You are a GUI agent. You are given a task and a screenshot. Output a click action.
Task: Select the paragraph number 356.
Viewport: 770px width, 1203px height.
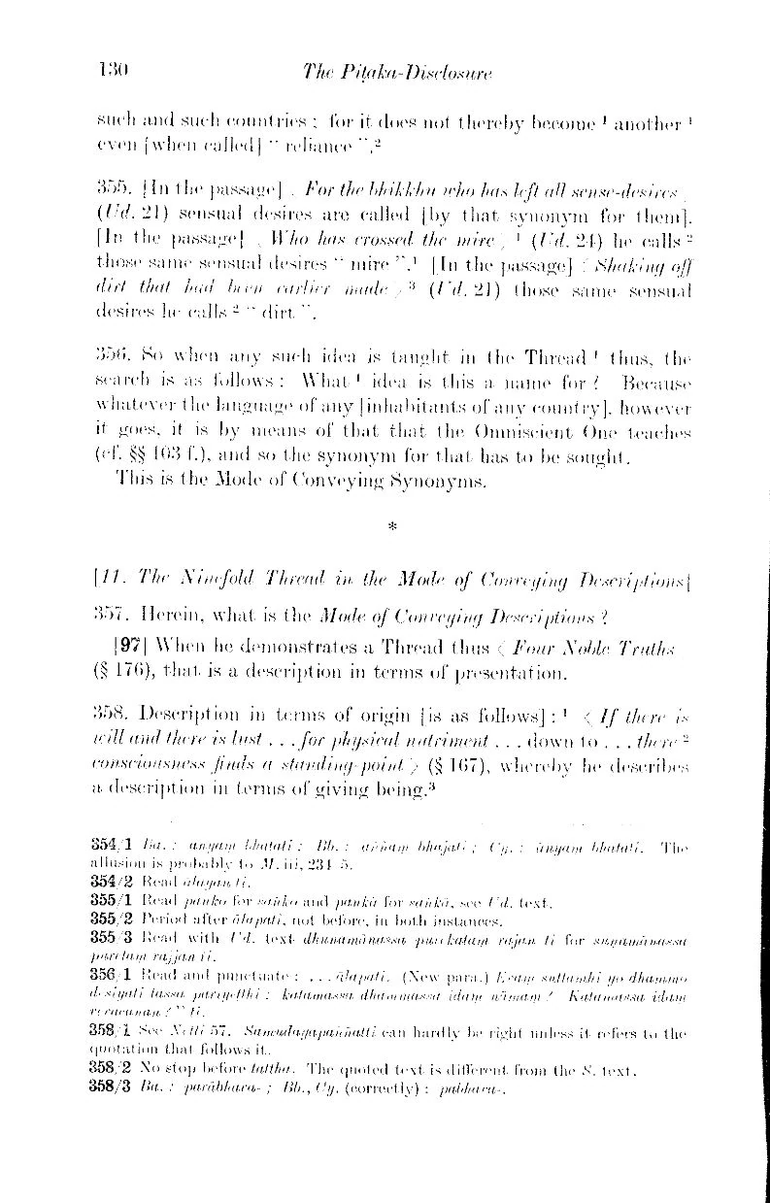(x=114, y=358)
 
